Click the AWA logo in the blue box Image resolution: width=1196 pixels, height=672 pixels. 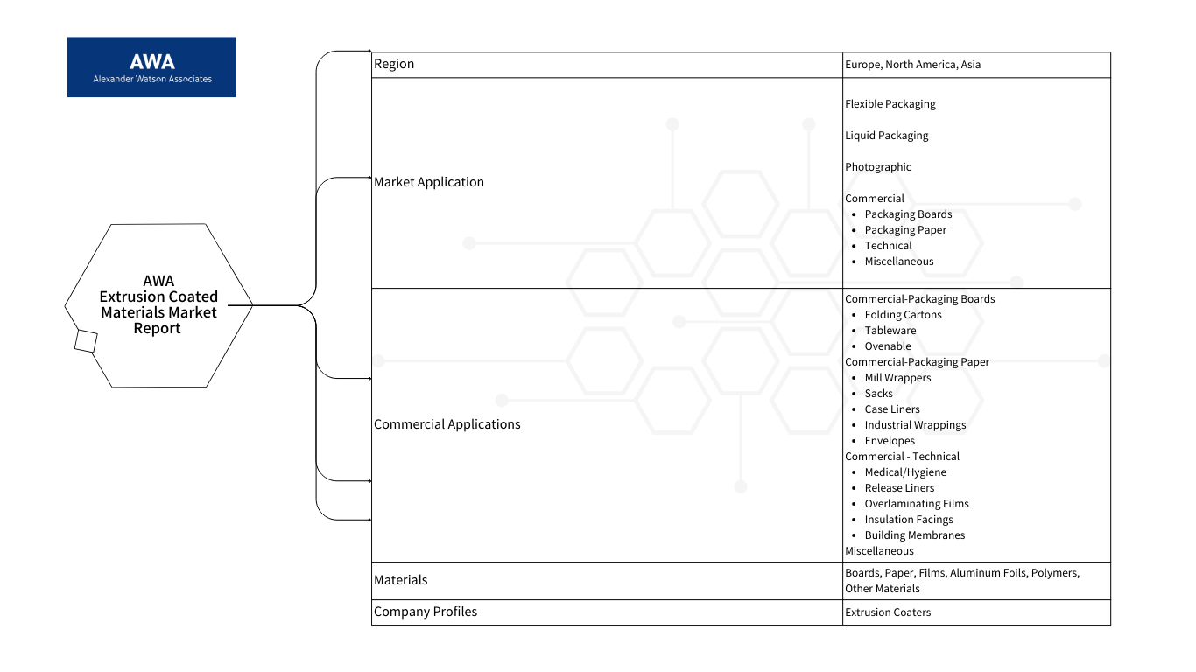coord(151,67)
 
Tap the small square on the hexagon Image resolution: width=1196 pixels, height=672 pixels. coord(86,341)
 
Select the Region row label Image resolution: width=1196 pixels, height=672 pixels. coord(394,64)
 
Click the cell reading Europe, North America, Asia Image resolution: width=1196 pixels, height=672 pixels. coord(912,65)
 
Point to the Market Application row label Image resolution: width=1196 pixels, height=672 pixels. coord(429,182)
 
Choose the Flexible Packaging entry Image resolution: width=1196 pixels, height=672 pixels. coord(890,104)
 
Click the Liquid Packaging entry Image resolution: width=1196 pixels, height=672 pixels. coord(886,136)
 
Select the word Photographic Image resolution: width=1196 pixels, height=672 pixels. coord(878,167)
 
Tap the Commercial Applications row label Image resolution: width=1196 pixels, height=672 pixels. coord(447,424)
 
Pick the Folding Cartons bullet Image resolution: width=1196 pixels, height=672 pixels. coord(903,315)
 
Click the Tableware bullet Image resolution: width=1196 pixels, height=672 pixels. coord(890,331)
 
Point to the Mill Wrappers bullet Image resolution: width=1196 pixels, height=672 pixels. coord(897,378)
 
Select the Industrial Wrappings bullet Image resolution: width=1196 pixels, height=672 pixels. coord(915,425)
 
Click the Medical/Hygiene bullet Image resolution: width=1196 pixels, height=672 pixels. coord(905,472)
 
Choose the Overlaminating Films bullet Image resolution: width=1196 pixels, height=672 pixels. coord(916,504)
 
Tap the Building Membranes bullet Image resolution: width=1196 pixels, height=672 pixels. coord(915,535)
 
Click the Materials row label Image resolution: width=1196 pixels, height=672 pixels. coord(400,580)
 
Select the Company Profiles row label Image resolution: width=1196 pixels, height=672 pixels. coord(426,612)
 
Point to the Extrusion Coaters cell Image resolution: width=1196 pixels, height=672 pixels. coord(888,612)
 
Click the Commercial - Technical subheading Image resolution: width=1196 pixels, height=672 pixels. coord(902,457)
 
